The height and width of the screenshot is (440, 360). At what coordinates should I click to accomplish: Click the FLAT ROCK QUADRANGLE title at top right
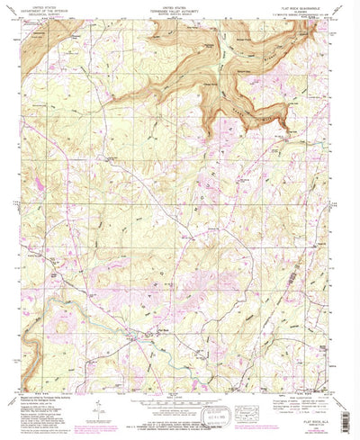(x=305, y=5)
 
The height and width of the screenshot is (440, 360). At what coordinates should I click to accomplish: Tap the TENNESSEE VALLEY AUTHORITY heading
(x=178, y=9)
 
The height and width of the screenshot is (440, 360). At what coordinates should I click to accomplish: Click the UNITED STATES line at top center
(x=178, y=5)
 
